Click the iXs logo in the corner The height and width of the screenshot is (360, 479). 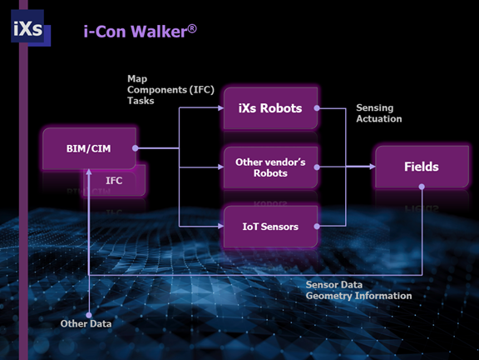31,27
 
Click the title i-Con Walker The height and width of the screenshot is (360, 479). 141,31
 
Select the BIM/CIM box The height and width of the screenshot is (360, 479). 89,148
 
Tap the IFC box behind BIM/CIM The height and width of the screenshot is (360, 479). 114,181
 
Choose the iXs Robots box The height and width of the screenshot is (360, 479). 270,108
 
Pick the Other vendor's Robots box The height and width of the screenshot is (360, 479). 270,167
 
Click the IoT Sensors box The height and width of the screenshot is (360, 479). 270,227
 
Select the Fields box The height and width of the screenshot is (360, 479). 422,167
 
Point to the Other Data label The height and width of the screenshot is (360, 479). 86,323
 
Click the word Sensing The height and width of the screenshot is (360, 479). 374,107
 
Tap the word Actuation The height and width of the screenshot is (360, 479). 379,119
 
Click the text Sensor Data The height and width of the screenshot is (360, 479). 334,285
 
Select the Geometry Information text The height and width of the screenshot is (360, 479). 358,296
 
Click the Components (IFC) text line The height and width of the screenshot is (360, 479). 170,90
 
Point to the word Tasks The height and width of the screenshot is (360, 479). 141,101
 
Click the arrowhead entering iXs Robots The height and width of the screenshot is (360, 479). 220,107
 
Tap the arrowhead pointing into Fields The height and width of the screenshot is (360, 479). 372,167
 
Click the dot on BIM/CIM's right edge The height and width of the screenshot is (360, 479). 136,148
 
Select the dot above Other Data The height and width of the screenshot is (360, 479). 89,315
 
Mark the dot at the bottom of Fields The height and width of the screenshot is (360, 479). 422,187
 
